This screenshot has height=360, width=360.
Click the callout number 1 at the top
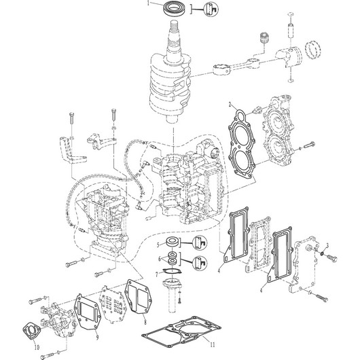tap(148, 3)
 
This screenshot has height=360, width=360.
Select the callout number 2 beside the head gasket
tap(230, 105)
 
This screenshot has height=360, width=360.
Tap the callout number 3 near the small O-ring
tap(327, 245)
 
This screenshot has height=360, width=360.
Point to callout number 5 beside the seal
tap(158, 245)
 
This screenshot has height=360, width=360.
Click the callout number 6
tap(160, 259)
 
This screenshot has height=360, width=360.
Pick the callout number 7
tap(157, 274)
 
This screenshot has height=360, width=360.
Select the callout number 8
tap(145, 323)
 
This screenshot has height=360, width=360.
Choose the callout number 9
tap(97, 338)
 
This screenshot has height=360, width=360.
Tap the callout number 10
tap(37, 347)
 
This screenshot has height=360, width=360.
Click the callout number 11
tap(213, 344)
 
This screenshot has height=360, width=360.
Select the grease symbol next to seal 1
tap(211, 10)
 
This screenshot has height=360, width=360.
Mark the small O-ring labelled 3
tap(322, 253)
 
